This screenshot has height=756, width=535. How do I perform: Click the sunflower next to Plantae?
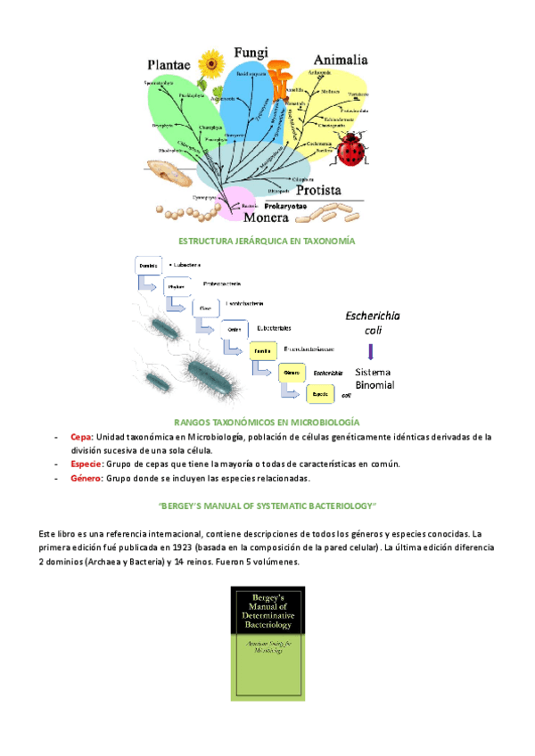point(211,64)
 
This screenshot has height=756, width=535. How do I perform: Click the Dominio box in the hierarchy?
point(149,266)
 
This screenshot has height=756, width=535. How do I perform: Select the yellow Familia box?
point(263,350)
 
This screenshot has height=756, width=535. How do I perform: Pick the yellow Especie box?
point(319,391)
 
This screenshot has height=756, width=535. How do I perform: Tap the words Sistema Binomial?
point(374,378)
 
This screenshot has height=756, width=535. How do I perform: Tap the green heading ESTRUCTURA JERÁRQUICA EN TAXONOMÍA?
point(267,242)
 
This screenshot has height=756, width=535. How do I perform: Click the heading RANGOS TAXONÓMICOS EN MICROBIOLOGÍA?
point(267,421)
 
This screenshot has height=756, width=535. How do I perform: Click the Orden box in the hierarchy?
point(235,329)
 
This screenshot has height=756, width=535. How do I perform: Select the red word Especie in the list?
point(86,464)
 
